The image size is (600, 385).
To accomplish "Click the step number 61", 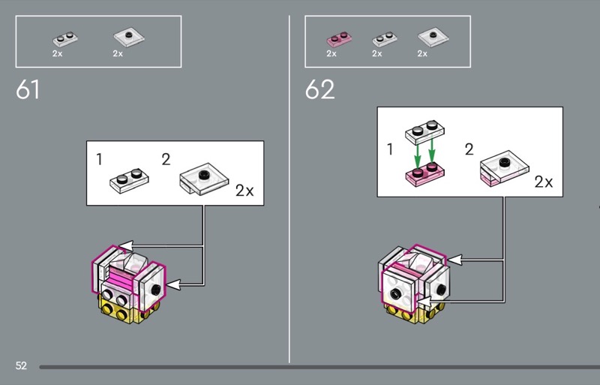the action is pos(28,89).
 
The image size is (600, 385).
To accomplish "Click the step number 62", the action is pos(320,89).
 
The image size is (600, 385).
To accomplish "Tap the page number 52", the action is pos(21,365).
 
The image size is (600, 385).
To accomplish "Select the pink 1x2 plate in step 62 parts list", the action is pos(339,39).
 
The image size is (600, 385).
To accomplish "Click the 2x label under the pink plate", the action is pos(331,53).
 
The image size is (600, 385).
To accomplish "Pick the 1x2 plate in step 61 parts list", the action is pos(65,39).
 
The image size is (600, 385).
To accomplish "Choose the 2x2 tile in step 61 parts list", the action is pos(129,38).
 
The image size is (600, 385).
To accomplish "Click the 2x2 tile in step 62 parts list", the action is pos(433,38).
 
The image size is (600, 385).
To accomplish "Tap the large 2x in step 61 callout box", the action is pos(244,191).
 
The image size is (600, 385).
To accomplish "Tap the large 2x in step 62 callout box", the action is pos(544,182).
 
